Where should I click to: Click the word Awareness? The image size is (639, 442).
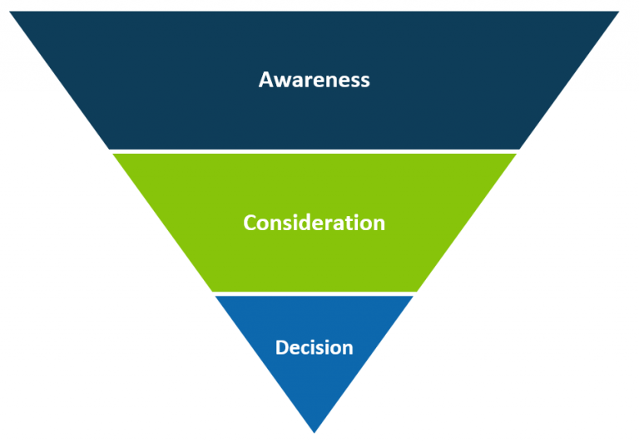point(314,80)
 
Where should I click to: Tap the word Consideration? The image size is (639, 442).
point(314,223)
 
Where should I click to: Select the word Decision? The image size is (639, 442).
point(314,346)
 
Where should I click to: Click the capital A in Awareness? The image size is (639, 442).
point(266,80)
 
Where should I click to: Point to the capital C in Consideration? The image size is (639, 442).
point(250,223)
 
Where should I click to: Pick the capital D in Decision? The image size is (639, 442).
point(282,346)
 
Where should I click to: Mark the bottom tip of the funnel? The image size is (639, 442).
point(314,431)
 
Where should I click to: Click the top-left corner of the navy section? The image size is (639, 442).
point(10,12)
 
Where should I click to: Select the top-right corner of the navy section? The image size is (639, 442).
point(619,12)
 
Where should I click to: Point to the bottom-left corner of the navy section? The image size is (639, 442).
point(109,149)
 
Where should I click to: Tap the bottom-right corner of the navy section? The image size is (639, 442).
point(520,149)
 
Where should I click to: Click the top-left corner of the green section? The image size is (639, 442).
point(112,154)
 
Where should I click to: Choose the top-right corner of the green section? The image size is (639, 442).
point(517,154)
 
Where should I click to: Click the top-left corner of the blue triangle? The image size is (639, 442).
point(215,297)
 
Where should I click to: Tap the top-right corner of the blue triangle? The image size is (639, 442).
point(413,297)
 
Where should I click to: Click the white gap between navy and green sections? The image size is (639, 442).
point(314,151)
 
